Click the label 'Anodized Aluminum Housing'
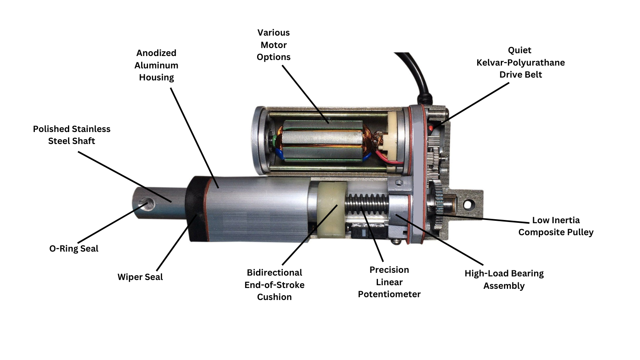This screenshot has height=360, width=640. pyautogui.click(x=156, y=65)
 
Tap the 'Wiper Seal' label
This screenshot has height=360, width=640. pyautogui.click(x=140, y=277)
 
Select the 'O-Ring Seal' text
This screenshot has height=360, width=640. pyautogui.click(x=74, y=248)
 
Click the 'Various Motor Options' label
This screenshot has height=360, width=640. pyautogui.click(x=274, y=45)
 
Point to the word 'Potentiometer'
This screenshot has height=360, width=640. pyautogui.click(x=389, y=294)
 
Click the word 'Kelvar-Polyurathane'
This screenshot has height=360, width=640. pyautogui.click(x=520, y=62)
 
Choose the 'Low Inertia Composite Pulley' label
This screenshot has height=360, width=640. pyautogui.click(x=556, y=226)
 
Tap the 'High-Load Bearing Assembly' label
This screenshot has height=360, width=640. pyautogui.click(x=504, y=279)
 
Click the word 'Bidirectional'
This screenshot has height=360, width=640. pyautogui.click(x=274, y=272)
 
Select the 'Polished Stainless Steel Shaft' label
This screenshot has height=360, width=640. pyautogui.click(x=72, y=135)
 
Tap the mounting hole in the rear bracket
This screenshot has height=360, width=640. pyautogui.click(x=468, y=205)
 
